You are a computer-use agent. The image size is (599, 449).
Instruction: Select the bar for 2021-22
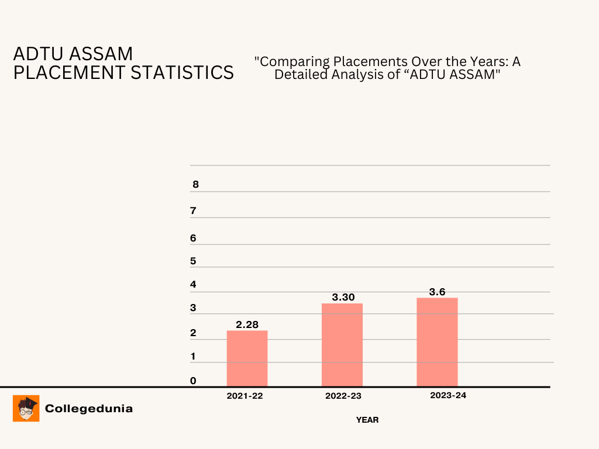click(247, 358)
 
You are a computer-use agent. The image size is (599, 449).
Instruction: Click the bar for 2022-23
click(342, 345)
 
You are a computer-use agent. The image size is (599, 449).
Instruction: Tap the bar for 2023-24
click(437, 342)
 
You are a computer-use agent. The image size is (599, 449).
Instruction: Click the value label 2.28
click(247, 324)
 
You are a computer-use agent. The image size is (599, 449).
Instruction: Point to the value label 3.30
click(343, 297)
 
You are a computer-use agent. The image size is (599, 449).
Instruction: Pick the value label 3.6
click(438, 292)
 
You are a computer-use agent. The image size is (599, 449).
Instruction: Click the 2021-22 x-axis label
click(245, 396)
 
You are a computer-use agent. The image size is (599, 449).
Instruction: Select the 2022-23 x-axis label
click(343, 396)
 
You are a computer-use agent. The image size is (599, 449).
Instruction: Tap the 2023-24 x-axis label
click(448, 395)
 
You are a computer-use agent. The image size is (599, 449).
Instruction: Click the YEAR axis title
click(367, 420)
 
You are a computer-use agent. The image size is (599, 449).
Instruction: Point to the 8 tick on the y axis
click(195, 185)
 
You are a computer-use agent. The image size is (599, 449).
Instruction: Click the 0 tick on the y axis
click(193, 381)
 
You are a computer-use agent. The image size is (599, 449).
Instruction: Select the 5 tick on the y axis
click(193, 261)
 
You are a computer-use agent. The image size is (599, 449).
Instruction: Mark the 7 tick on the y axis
click(193, 211)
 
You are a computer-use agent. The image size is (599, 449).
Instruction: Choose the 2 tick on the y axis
click(193, 333)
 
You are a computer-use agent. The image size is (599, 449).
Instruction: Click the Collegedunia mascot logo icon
click(26, 408)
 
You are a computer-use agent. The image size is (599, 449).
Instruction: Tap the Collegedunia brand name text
click(89, 409)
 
